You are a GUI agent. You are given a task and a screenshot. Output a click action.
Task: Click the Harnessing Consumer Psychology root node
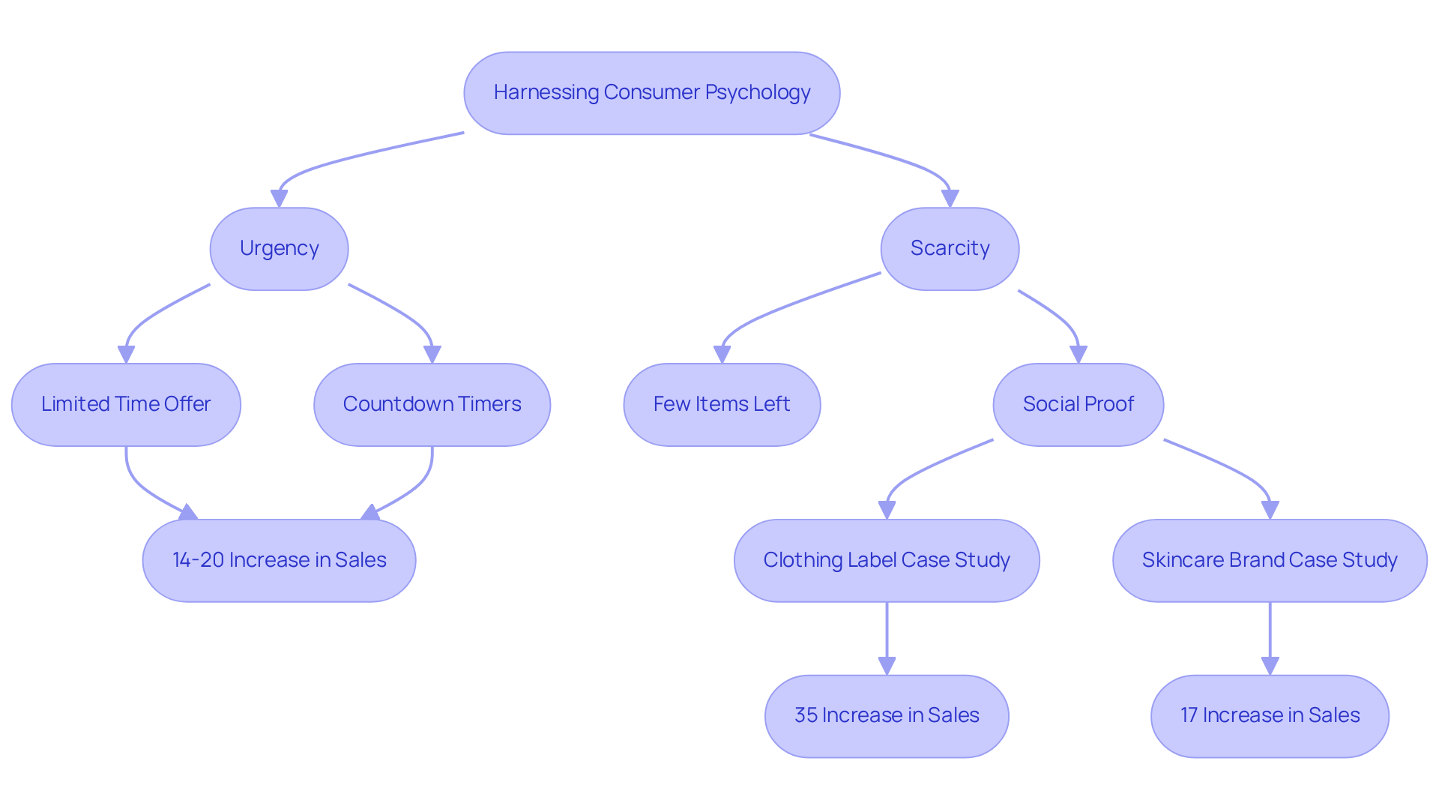[x=651, y=93]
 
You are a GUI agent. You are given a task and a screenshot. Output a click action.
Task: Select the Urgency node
[x=279, y=248]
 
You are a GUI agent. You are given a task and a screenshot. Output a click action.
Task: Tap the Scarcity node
[x=950, y=248]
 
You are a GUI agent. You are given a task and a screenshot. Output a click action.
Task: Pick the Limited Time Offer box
[x=126, y=404]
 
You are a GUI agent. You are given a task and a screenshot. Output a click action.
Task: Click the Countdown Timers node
[x=432, y=404]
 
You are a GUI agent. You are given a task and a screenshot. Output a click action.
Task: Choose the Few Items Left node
[x=722, y=404]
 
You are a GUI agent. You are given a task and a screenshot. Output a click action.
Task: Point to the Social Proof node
[x=1078, y=404]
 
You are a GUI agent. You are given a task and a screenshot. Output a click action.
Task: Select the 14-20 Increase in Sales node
[x=279, y=560]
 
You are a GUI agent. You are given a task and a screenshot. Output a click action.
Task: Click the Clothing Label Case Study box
[x=887, y=560]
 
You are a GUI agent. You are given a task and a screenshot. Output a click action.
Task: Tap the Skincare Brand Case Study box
[x=1270, y=560]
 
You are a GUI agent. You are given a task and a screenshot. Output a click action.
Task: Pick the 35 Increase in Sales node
[x=887, y=715]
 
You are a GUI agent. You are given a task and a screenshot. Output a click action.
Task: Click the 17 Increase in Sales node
[x=1270, y=715]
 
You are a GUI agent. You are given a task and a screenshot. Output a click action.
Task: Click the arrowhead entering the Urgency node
[x=279, y=199]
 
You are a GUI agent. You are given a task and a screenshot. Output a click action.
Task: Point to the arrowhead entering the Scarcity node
[x=950, y=199]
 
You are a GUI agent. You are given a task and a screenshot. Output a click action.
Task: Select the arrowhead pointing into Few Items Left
[x=722, y=355]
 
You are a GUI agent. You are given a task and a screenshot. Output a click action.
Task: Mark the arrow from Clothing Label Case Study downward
[x=887, y=637]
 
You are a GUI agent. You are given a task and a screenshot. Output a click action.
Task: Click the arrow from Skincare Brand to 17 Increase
[x=1270, y=637]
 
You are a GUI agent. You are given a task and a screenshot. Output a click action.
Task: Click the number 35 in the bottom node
[x=805, y=715]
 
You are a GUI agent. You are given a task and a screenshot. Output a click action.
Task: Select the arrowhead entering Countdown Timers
[x=432, y=355]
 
